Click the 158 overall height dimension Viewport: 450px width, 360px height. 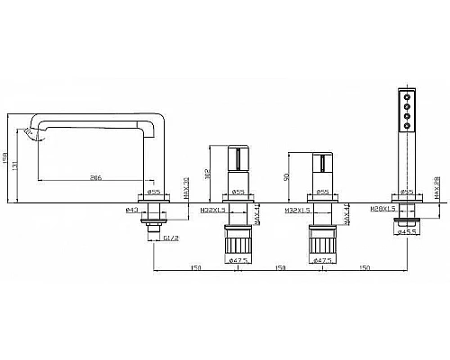tap(7, 158)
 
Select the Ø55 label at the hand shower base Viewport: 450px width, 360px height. tap(407, 193)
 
